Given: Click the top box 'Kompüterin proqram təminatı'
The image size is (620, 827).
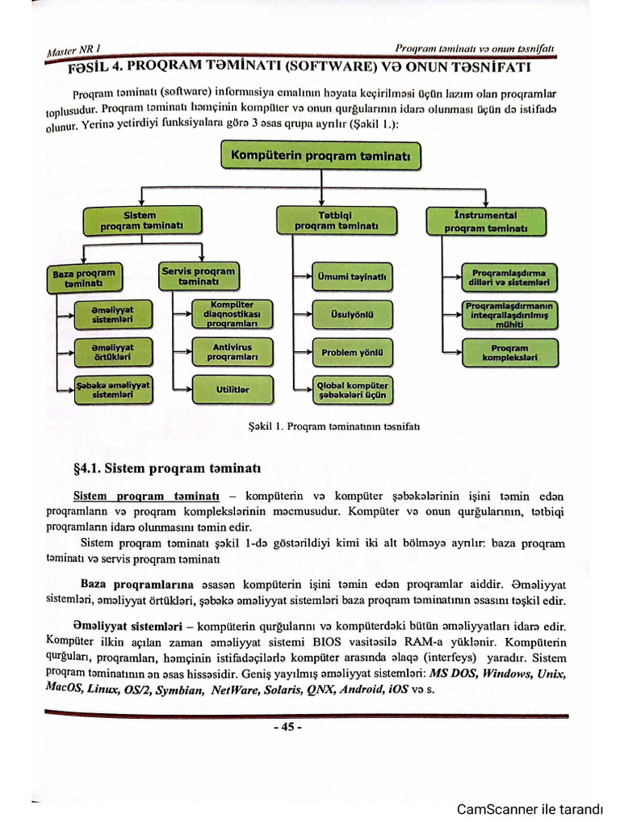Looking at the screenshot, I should coord(320,154).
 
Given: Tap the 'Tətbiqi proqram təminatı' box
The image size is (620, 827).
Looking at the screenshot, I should coord(337,221).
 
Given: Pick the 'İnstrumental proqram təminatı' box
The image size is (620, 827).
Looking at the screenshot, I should coord(486,222).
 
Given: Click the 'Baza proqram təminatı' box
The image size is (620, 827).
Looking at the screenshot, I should coord(84,278).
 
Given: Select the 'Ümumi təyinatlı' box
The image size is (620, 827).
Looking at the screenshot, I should coord(353,277).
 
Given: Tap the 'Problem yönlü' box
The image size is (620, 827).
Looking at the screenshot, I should coord(353,352).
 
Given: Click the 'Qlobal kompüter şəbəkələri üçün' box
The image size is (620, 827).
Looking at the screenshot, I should coord(353,391).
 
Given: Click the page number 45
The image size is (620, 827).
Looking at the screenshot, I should coord(287,727).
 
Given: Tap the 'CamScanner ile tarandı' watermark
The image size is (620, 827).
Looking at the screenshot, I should coord(530,809).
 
